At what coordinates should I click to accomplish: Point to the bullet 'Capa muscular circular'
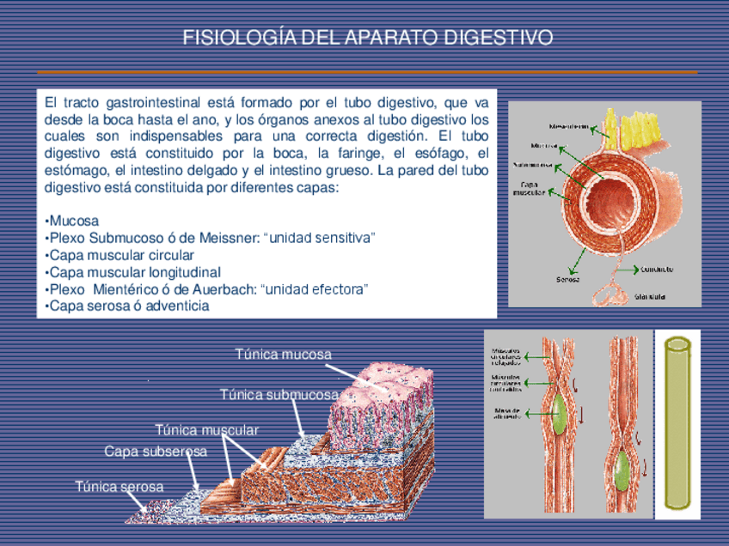click(121, 255)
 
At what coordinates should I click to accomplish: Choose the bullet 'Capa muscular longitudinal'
click(135, 272)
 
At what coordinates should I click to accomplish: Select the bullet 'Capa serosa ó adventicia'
click(129, 306)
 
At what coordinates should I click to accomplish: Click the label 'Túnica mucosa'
click(283, 355)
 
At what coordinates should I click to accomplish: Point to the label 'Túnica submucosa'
click(279, 395)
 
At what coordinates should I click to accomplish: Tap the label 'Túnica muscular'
click(206, 429)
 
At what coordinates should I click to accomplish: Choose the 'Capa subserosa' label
click(156, 452)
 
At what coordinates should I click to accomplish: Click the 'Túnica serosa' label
click(119, 487)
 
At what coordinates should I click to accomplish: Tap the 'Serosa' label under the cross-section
click(567, 278)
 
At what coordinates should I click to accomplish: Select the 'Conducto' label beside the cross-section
click(656, 269)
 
